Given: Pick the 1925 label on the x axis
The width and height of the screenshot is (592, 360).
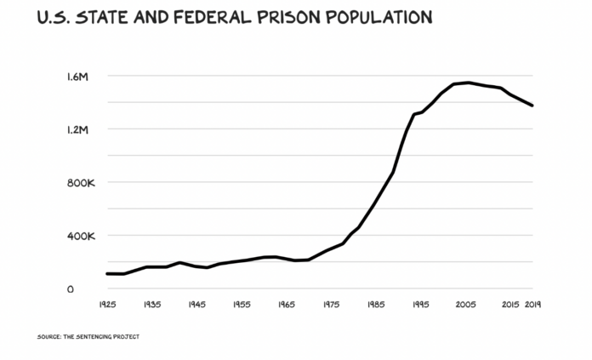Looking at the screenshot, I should (108, 304).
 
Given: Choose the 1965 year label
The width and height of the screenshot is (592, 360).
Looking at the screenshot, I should (287, 304).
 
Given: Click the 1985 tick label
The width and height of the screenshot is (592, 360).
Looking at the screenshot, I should (377, 304).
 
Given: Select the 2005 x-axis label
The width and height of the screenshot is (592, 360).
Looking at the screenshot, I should (466, 304).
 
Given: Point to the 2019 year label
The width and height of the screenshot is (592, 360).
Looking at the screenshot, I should (533, 304).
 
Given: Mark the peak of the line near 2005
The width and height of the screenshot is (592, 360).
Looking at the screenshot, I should (468, 83).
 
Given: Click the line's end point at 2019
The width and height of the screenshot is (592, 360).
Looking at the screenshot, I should (532, 106).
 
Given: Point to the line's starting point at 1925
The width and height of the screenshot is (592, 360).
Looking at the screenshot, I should (107, 273).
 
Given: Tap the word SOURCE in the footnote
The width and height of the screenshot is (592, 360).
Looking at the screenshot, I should (48, 336).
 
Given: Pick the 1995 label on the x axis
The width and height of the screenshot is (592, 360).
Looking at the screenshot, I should (421, 304).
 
